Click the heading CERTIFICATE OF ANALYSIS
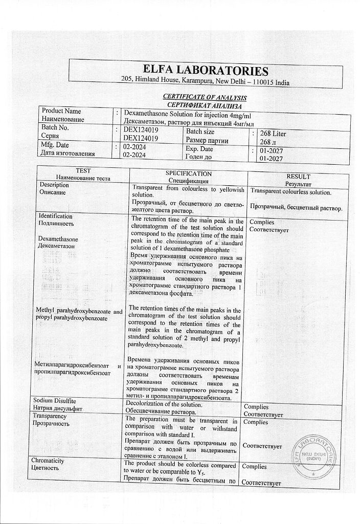coord(205,97)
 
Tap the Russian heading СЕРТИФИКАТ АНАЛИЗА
coord(205,105)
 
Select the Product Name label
coord(61,111)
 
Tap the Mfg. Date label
coord(55,146)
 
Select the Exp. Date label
coord(199,149)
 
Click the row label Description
coord(54,184)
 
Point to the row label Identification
coord(56,216)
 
